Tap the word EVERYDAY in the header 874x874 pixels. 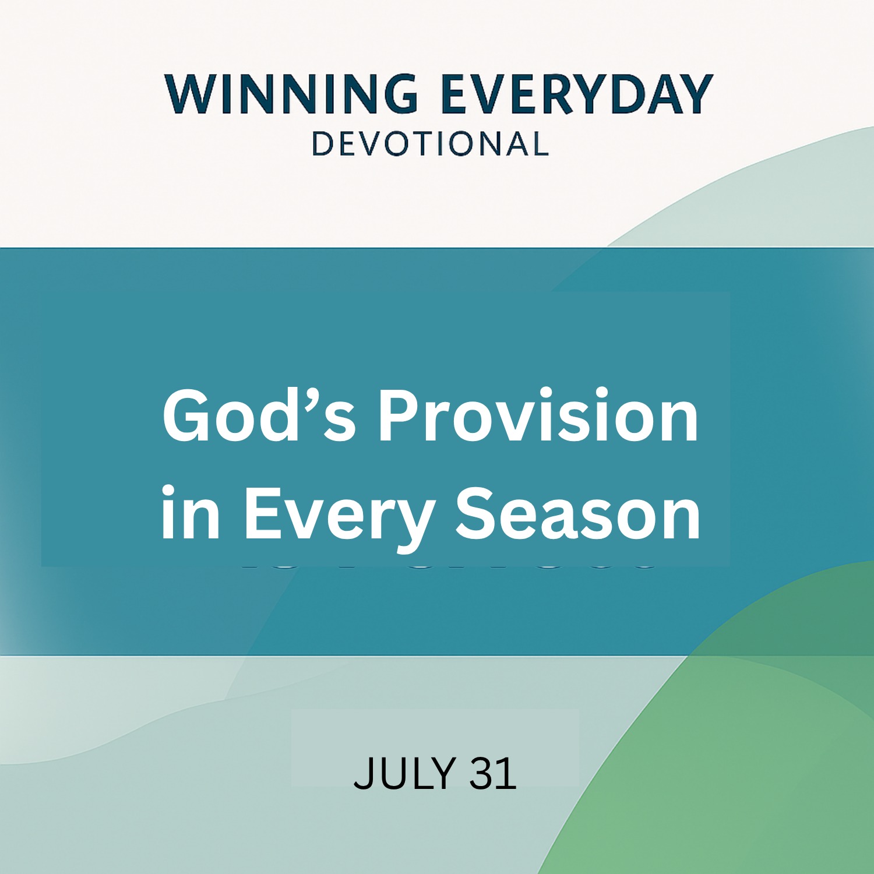pyautogui.click(x=577, y=93)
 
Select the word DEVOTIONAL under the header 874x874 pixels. pyautogui.click(x=431, y=144)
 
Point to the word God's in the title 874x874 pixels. pyautogui.click(x=259, y=415)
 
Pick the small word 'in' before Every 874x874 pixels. pyautogui.click(x=191, y=513)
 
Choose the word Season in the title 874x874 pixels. pyautogui.click(x=578, y=513)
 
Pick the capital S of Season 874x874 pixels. pyautogui.click(x=476, y=513)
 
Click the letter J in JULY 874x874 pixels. pyautogui.click(x=361, y=773)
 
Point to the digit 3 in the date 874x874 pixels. pyautogui.click(x=482, y=773)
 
